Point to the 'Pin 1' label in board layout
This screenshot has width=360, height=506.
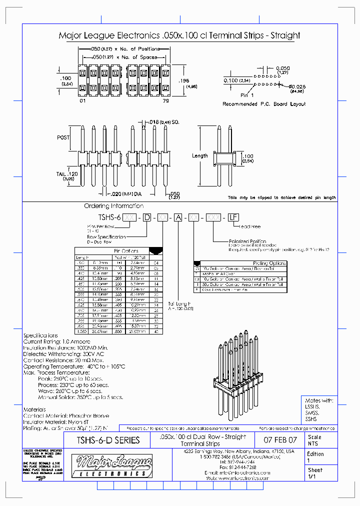click(x=247, y=94)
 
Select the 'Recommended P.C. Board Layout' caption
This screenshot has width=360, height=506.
click(x=264, y=104)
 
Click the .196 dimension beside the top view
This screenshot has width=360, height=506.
click(x=183, y=80)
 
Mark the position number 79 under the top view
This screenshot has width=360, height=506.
click(x=165, y=101)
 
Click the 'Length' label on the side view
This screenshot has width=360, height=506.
click(x=199, y=155)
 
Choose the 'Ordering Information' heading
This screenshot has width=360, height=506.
click(x=113, y=205)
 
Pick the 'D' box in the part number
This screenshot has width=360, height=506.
click(x=146, y=217)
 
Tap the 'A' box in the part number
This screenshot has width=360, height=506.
click(x=177, y=217)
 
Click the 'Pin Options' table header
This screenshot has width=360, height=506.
click(x=126, y=251)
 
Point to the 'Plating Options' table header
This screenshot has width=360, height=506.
click(x=269, y=263)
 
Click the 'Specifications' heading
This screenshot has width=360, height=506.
click(x=40, y=335)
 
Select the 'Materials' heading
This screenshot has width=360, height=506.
click(x=34, y=409)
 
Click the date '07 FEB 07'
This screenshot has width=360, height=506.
click(x=280, y=440)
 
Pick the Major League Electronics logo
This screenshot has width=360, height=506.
click(x=111, y=467)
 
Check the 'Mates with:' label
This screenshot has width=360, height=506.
click(x=319, y=400)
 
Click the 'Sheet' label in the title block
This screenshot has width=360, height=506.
click(x=315, y=470)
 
